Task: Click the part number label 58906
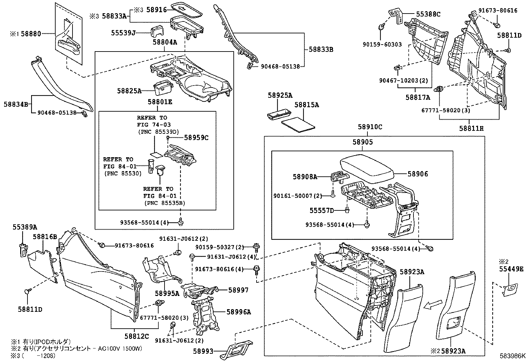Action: [417, 174]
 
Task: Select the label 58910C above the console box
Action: [370, 127]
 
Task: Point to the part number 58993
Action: [203, 351]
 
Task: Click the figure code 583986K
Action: [512, 356]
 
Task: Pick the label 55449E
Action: [511, 269]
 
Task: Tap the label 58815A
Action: [307, 105]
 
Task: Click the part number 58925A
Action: [280, 96]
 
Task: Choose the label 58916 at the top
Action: [157, 10]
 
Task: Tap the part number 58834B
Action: [16, 104]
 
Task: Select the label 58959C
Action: [196, 137]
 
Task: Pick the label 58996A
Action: [239, 312]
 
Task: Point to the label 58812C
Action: [137, 336]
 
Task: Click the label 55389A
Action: [25, 227]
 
